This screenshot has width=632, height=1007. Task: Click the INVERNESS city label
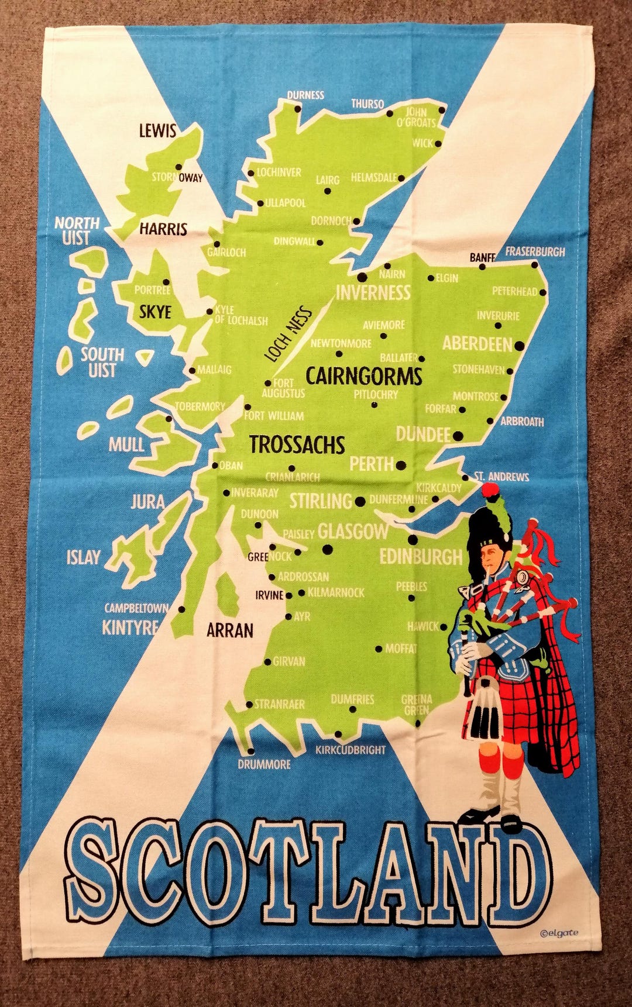coord(373,292)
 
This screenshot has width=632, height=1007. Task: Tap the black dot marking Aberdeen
coord(518,346)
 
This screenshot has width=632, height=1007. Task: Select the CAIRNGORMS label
coord(363,376)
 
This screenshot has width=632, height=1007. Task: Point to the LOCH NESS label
coord(288,334)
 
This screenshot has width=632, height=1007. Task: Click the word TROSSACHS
coord(297,445)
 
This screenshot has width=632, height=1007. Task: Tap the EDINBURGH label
coord(421,557)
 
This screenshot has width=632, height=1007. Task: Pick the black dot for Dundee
coord(458,436)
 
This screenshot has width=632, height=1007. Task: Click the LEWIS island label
coord(157,130)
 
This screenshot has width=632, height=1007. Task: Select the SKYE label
coord(155,312)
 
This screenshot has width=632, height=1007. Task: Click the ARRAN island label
coord(230,630)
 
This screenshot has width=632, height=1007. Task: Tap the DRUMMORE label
coord(264,764)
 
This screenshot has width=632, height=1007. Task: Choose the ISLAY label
coord(84,557)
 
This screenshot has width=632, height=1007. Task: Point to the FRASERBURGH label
coord(535,252)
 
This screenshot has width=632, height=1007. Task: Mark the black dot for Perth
coord(401,465)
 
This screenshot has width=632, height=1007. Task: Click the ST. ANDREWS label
coord(502,477)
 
